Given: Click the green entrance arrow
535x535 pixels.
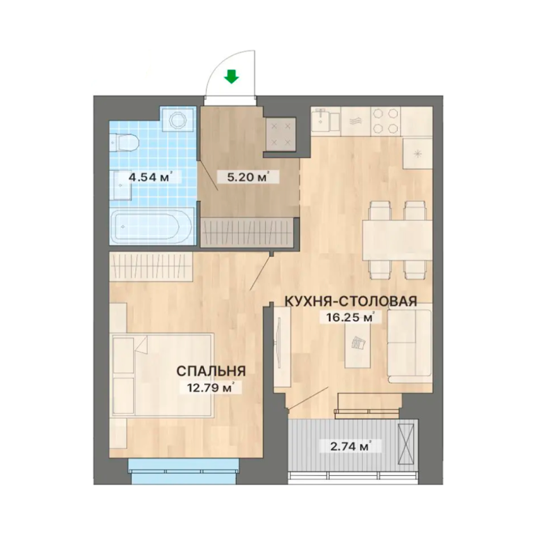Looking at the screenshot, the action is [x=231, y=77].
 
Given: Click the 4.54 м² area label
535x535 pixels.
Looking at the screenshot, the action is [x=150, y=177].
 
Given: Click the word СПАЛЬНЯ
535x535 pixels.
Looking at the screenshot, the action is [x=212, y=371].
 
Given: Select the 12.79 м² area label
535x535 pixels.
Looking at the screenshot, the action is [x=211, y=387].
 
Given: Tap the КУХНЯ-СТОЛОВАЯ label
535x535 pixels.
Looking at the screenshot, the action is [x=351, y=302].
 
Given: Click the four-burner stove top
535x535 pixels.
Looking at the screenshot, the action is [x=385, y=121].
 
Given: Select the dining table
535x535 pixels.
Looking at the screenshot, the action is [x=398, y=240].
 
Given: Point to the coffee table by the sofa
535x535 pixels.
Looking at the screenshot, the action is [x=357, y=346].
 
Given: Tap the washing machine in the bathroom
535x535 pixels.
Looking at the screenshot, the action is [x=178, y=121].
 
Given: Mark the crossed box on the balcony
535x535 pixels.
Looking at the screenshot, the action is [x=408, y=444].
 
